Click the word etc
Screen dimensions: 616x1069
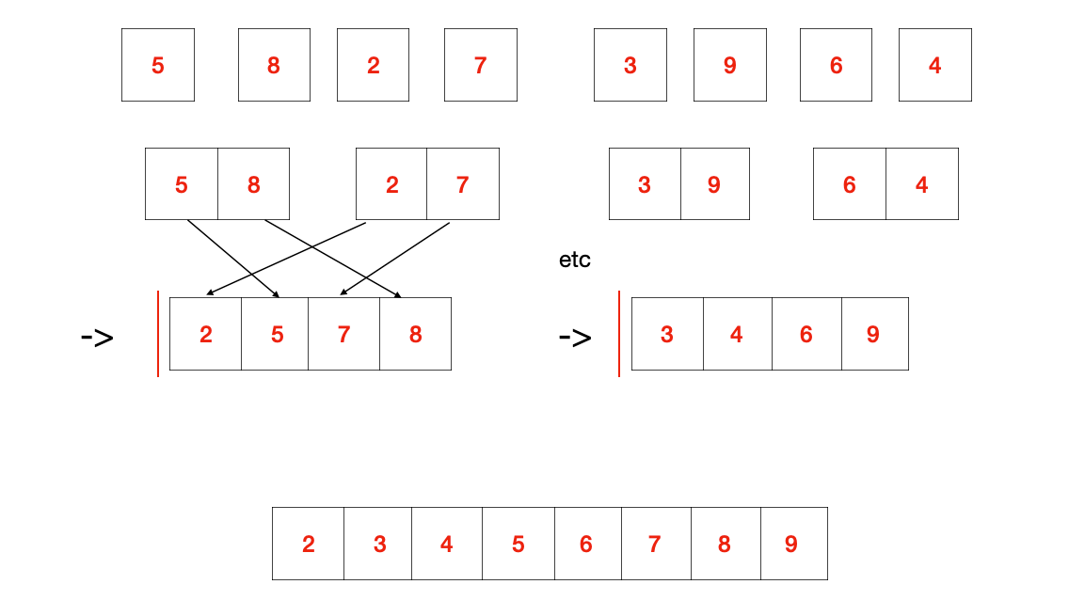point(575,261)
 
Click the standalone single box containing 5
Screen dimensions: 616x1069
point(158,65)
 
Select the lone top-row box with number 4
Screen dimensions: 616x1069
point(934,65)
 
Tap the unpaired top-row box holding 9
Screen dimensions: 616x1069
point(729,65)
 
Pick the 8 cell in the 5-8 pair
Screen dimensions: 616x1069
point(253,184)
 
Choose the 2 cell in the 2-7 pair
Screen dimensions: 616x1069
point(391,184)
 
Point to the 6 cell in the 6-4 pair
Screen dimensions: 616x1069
point(850,184)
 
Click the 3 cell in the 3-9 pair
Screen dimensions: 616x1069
point(645,184)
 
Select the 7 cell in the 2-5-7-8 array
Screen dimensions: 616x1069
point(344,334)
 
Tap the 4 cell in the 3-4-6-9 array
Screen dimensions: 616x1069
point(737,334)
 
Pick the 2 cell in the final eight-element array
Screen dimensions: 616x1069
point(309,544)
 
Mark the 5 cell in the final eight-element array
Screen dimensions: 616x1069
point(519,544)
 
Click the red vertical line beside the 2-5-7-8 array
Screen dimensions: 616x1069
point(158,334)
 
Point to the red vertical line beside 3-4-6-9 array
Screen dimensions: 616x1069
point(619,334)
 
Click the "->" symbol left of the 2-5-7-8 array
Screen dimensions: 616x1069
point(97,337)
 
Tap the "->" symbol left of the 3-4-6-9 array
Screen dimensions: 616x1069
point(575,337)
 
